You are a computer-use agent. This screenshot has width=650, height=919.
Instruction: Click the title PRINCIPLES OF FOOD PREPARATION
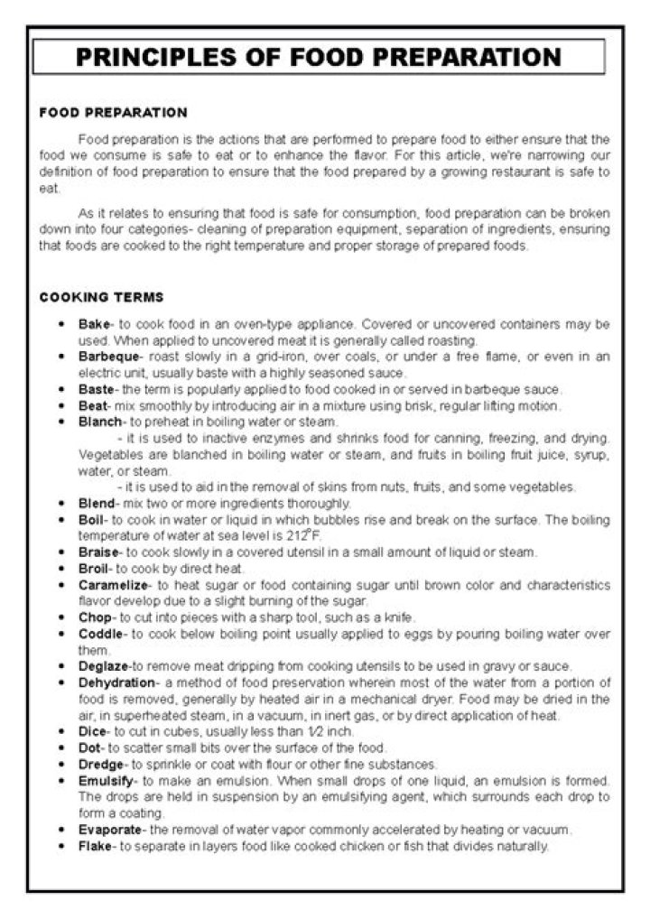point(319,58)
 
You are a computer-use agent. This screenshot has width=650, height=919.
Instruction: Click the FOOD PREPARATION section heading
point(113,113)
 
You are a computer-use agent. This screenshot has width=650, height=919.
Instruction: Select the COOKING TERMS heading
point(101,297)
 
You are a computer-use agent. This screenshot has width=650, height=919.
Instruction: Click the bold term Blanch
point(99,422)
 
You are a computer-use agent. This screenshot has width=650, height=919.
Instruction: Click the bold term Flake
point(94,846)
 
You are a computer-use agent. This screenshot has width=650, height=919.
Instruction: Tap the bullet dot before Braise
point(60,552)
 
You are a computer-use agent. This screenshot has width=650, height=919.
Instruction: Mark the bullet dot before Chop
point(60,617)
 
